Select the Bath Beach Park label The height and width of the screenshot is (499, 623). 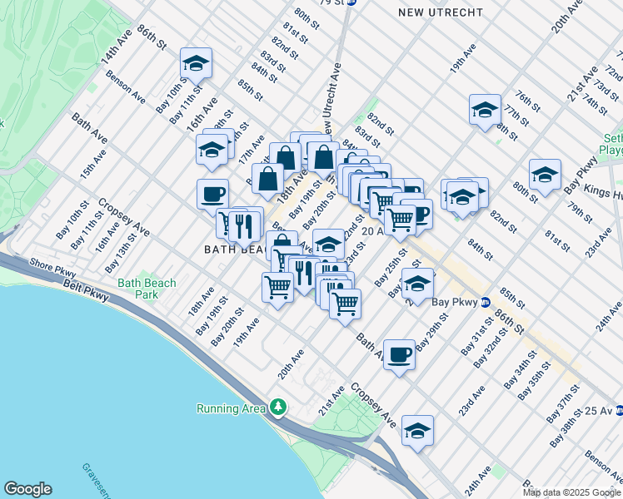(x=147, y=289)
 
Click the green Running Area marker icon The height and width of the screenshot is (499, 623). (x=278, y=408)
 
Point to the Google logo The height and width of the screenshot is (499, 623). (x=27, y=489)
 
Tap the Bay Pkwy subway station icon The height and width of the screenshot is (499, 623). (x=485, y=303)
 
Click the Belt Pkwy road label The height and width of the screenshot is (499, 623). (x=84, y=289)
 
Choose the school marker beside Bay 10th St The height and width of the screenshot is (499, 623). (x=196, y=63)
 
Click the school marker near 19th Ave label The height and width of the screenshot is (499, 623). (x=485, y=109)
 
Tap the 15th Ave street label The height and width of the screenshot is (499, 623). (x=92, y=165)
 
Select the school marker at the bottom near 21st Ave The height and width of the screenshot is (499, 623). (x=417, y=431)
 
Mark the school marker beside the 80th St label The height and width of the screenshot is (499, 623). (x=545, y=175)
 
